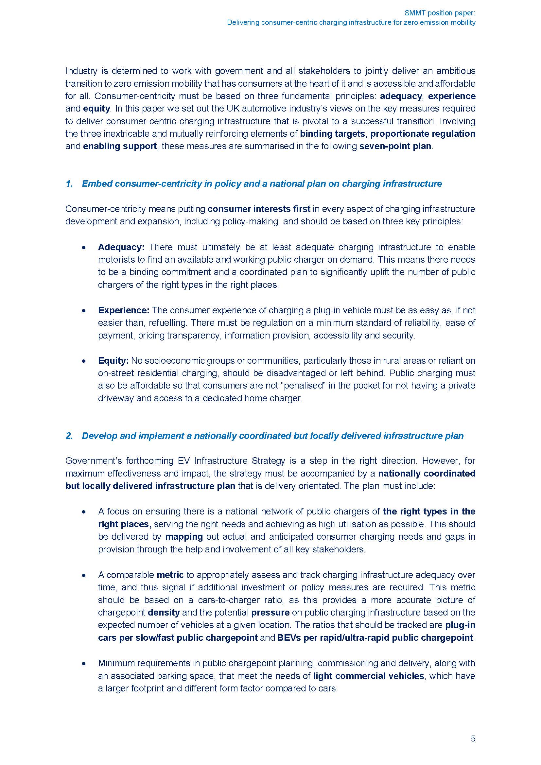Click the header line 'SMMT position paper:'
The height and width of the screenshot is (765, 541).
coord(440,13)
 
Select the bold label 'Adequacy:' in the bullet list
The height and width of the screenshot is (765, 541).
coord(121,247)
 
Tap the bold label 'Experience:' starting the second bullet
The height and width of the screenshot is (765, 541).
coord(124,310)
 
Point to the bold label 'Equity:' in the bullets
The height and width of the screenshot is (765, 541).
coord(113,360)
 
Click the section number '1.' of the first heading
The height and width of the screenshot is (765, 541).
coord(69,184)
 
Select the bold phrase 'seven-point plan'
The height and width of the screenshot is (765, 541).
coord(395,146)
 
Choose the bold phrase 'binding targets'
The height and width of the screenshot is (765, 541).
coord(332,134)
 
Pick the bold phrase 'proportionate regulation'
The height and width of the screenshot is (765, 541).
coord(423,134)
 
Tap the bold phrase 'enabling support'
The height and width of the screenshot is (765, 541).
coord(120,146)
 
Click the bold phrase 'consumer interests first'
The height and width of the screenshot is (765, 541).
coord(259,209)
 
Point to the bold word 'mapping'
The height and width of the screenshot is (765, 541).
coord(184,537)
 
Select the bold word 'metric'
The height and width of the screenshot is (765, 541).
coord(170,575)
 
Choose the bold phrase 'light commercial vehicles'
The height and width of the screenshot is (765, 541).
coord(368,676)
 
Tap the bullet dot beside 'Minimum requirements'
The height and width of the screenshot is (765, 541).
coord(85,663)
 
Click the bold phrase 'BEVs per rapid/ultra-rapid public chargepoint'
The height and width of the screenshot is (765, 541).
coord(375,638)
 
